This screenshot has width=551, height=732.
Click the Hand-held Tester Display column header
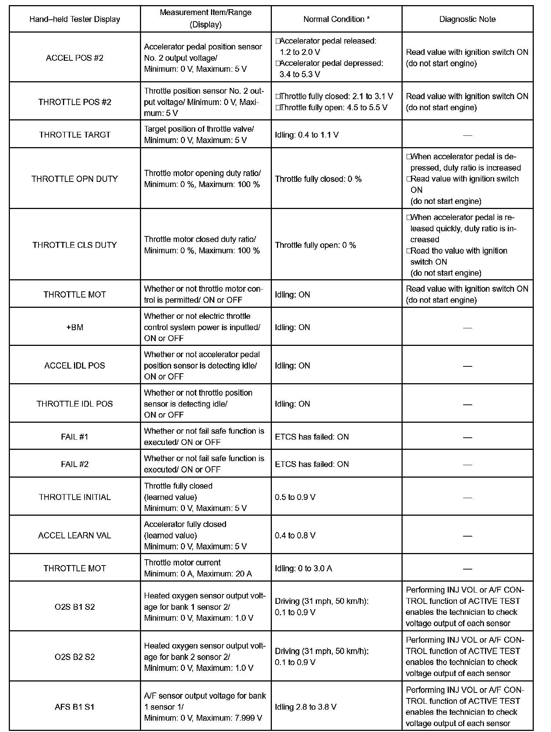click(x=75, y=19)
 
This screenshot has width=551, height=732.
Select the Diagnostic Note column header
click(x=467, y=19)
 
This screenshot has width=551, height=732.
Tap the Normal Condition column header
click(x=336, y=19)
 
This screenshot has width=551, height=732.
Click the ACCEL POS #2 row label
click(x=75, y=58)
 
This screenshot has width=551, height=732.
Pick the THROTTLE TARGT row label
click(x=75, y=135)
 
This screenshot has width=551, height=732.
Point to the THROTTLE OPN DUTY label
click(x=75, y=179)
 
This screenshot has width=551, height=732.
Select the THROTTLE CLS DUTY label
click(x=75, y=245)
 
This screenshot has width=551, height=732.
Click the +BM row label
click(x=75, y=327)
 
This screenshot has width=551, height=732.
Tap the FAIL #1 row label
click(x=75, y=437)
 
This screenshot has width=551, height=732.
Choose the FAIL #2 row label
click(x=75, y=464)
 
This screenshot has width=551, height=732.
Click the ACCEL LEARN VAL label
click(x=75, y=535)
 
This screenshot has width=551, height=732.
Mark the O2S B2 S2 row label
click(x=75, y=657)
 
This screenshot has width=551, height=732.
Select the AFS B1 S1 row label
click(x=75, y=707)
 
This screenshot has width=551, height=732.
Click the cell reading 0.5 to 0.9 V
click(x=295, y=497)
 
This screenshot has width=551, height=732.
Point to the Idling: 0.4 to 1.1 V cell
click(x=307, y=135)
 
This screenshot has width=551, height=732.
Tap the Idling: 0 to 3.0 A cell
click(x=303, y=568)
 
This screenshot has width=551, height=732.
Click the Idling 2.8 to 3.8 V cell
click(x=306, y=707)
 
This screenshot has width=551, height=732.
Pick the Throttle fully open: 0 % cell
click(x=315, y=245)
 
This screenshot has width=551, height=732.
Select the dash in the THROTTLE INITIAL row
click(x=467, y=497)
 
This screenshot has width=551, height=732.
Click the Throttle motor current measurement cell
click(x=198, y=568)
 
